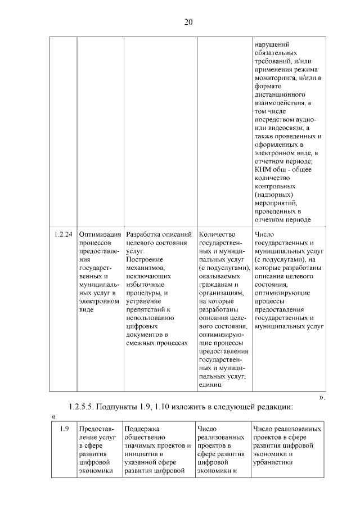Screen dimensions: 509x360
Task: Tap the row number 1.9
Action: pos(64,429)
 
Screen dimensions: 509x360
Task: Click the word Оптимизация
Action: pos(100,235)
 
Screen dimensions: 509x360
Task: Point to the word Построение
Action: pos(145,259)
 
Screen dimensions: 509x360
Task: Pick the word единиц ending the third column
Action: pos(210,385)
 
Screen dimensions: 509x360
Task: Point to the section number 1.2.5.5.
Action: pos(85,407)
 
